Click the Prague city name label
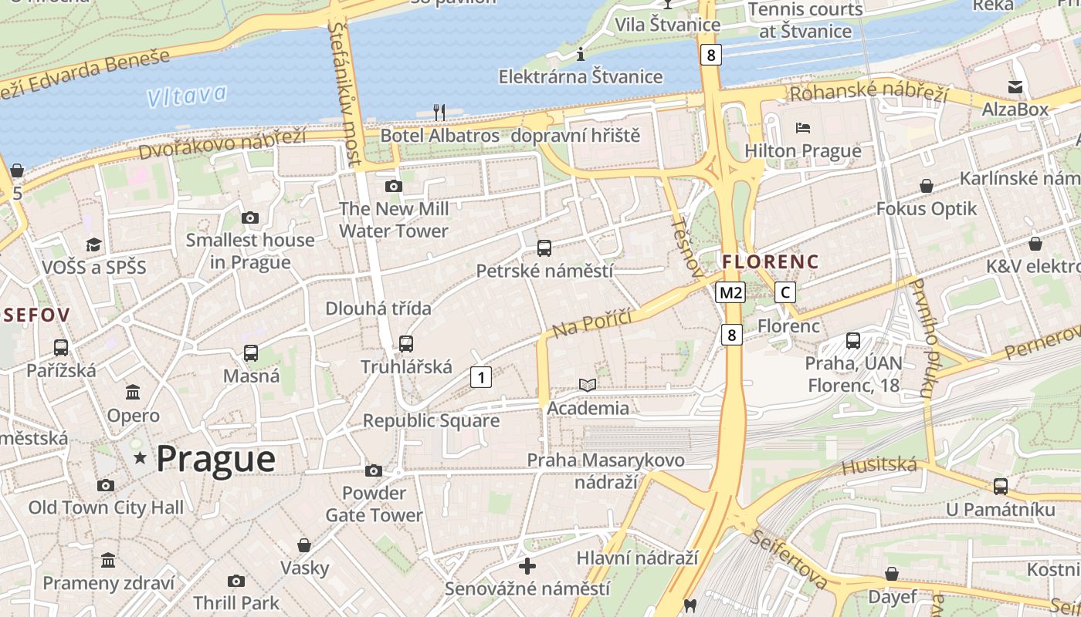215,459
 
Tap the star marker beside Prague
140,458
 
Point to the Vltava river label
188,96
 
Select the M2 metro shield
730,292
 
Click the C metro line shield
785,292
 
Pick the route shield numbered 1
480,377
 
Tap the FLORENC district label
770,261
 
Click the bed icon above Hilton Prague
803,127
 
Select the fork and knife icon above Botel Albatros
439,113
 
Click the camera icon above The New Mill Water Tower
393,186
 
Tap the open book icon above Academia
588,385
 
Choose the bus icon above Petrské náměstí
544,248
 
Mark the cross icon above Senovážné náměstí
527,566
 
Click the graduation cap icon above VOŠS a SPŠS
93,244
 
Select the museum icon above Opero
133,393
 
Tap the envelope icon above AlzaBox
1015,86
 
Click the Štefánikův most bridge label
344,93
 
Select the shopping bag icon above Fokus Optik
926,186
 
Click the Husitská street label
879,466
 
